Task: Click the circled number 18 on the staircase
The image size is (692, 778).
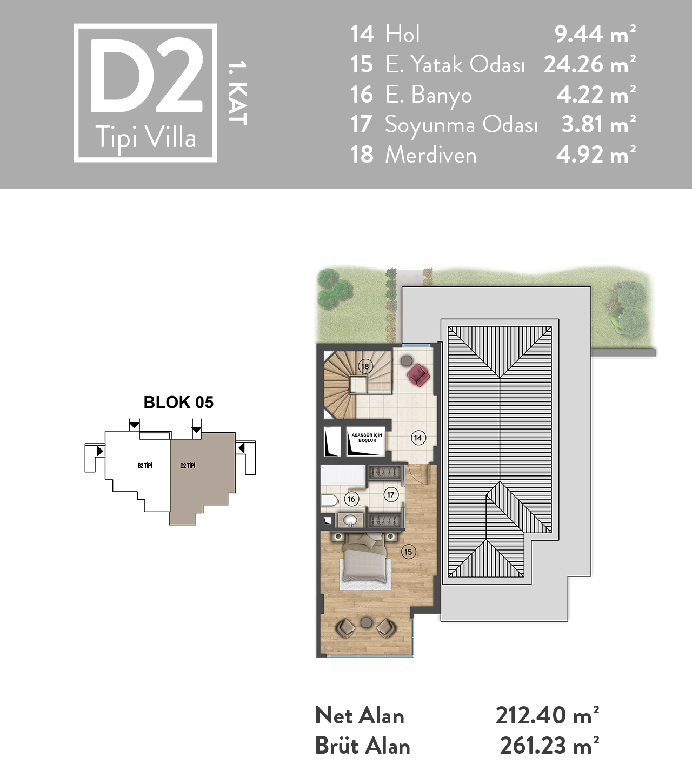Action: point(364,366)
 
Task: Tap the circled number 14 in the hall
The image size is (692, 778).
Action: point(418,438)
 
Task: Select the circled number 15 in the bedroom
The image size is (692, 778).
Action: point(408,552)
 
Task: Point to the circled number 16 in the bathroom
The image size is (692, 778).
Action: point(351,499)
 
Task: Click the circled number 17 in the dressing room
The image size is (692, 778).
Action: point(391,494)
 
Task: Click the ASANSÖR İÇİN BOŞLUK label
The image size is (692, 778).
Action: point(367,438)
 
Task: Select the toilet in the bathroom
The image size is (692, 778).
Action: point(330,500)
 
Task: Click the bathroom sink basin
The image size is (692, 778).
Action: point(350,520)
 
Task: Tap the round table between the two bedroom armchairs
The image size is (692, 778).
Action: point(365,622)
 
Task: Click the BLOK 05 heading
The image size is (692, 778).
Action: point(178,402)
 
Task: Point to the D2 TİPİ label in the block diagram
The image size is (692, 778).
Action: point(188,466)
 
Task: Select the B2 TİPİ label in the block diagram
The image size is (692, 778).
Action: point(145,466)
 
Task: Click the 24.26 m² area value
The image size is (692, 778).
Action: point(590,64)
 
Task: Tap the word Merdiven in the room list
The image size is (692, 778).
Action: point(431,155)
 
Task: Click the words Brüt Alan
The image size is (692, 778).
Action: point(363,746)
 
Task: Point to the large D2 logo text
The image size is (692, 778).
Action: point(146,76)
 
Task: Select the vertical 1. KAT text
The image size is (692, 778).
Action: point(237,93)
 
